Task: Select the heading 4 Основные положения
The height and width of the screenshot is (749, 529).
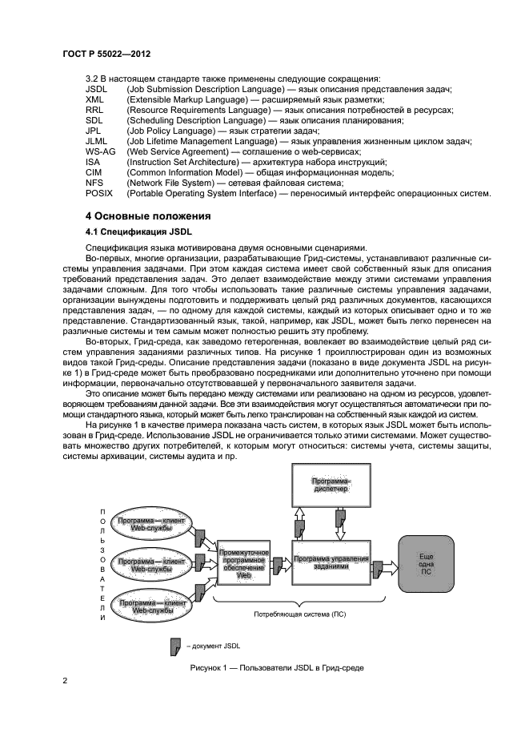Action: pyautogui.click(x=148, y=216)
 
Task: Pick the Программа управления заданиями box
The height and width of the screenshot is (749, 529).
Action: pyautogui.click(x=331, y=562)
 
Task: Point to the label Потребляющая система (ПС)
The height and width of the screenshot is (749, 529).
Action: pyautogui.click(x=295, y=614)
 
